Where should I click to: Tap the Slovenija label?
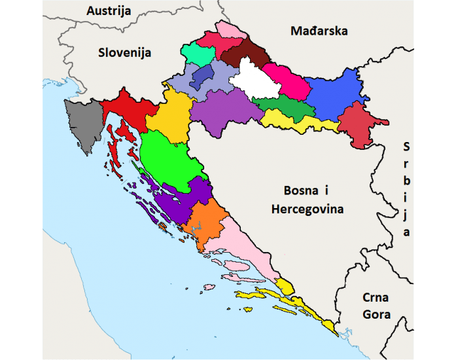click(124, 52)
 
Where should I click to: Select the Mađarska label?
click(320, 31)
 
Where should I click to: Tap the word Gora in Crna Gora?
click(376, 314)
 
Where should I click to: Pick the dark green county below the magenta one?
click(283, 109)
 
